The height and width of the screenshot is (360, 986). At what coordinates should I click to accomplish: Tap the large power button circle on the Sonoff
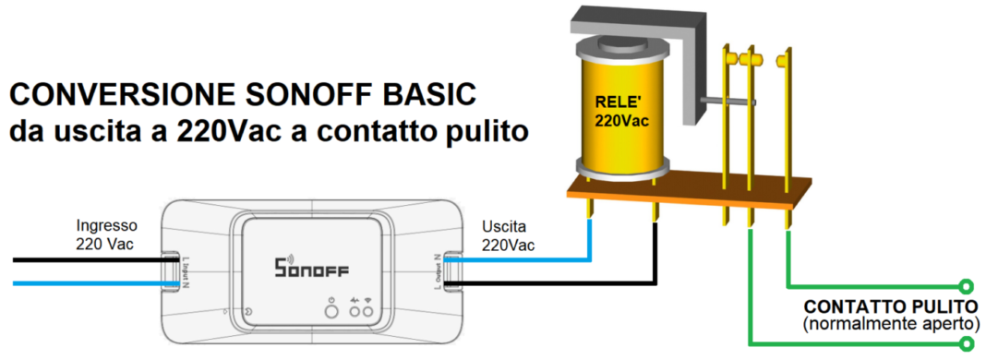[331, 312]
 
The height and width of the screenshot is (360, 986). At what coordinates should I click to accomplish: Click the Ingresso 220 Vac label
[107, 234]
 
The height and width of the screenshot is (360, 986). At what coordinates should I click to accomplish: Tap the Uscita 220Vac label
[507, 235]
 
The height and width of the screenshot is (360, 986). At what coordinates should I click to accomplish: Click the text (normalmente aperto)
[890, 324]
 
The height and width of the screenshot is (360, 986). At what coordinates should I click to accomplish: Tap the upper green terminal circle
[967, 285]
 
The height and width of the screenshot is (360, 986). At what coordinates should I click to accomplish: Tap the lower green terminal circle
[967, 344]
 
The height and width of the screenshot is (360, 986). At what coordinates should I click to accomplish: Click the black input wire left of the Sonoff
[83, 261]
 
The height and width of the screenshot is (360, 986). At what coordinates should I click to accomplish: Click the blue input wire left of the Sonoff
[83, 282]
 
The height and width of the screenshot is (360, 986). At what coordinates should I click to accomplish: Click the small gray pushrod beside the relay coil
[728, 101]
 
